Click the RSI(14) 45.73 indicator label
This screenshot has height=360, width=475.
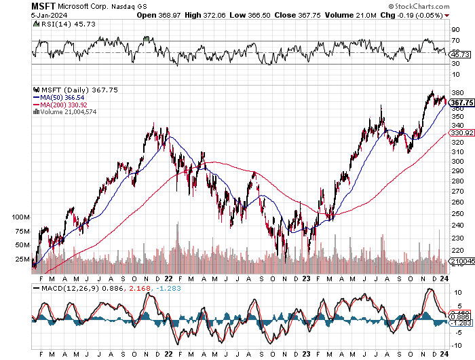(x=59, y=24)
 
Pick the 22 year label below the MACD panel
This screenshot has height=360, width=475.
(x=167, y=353)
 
